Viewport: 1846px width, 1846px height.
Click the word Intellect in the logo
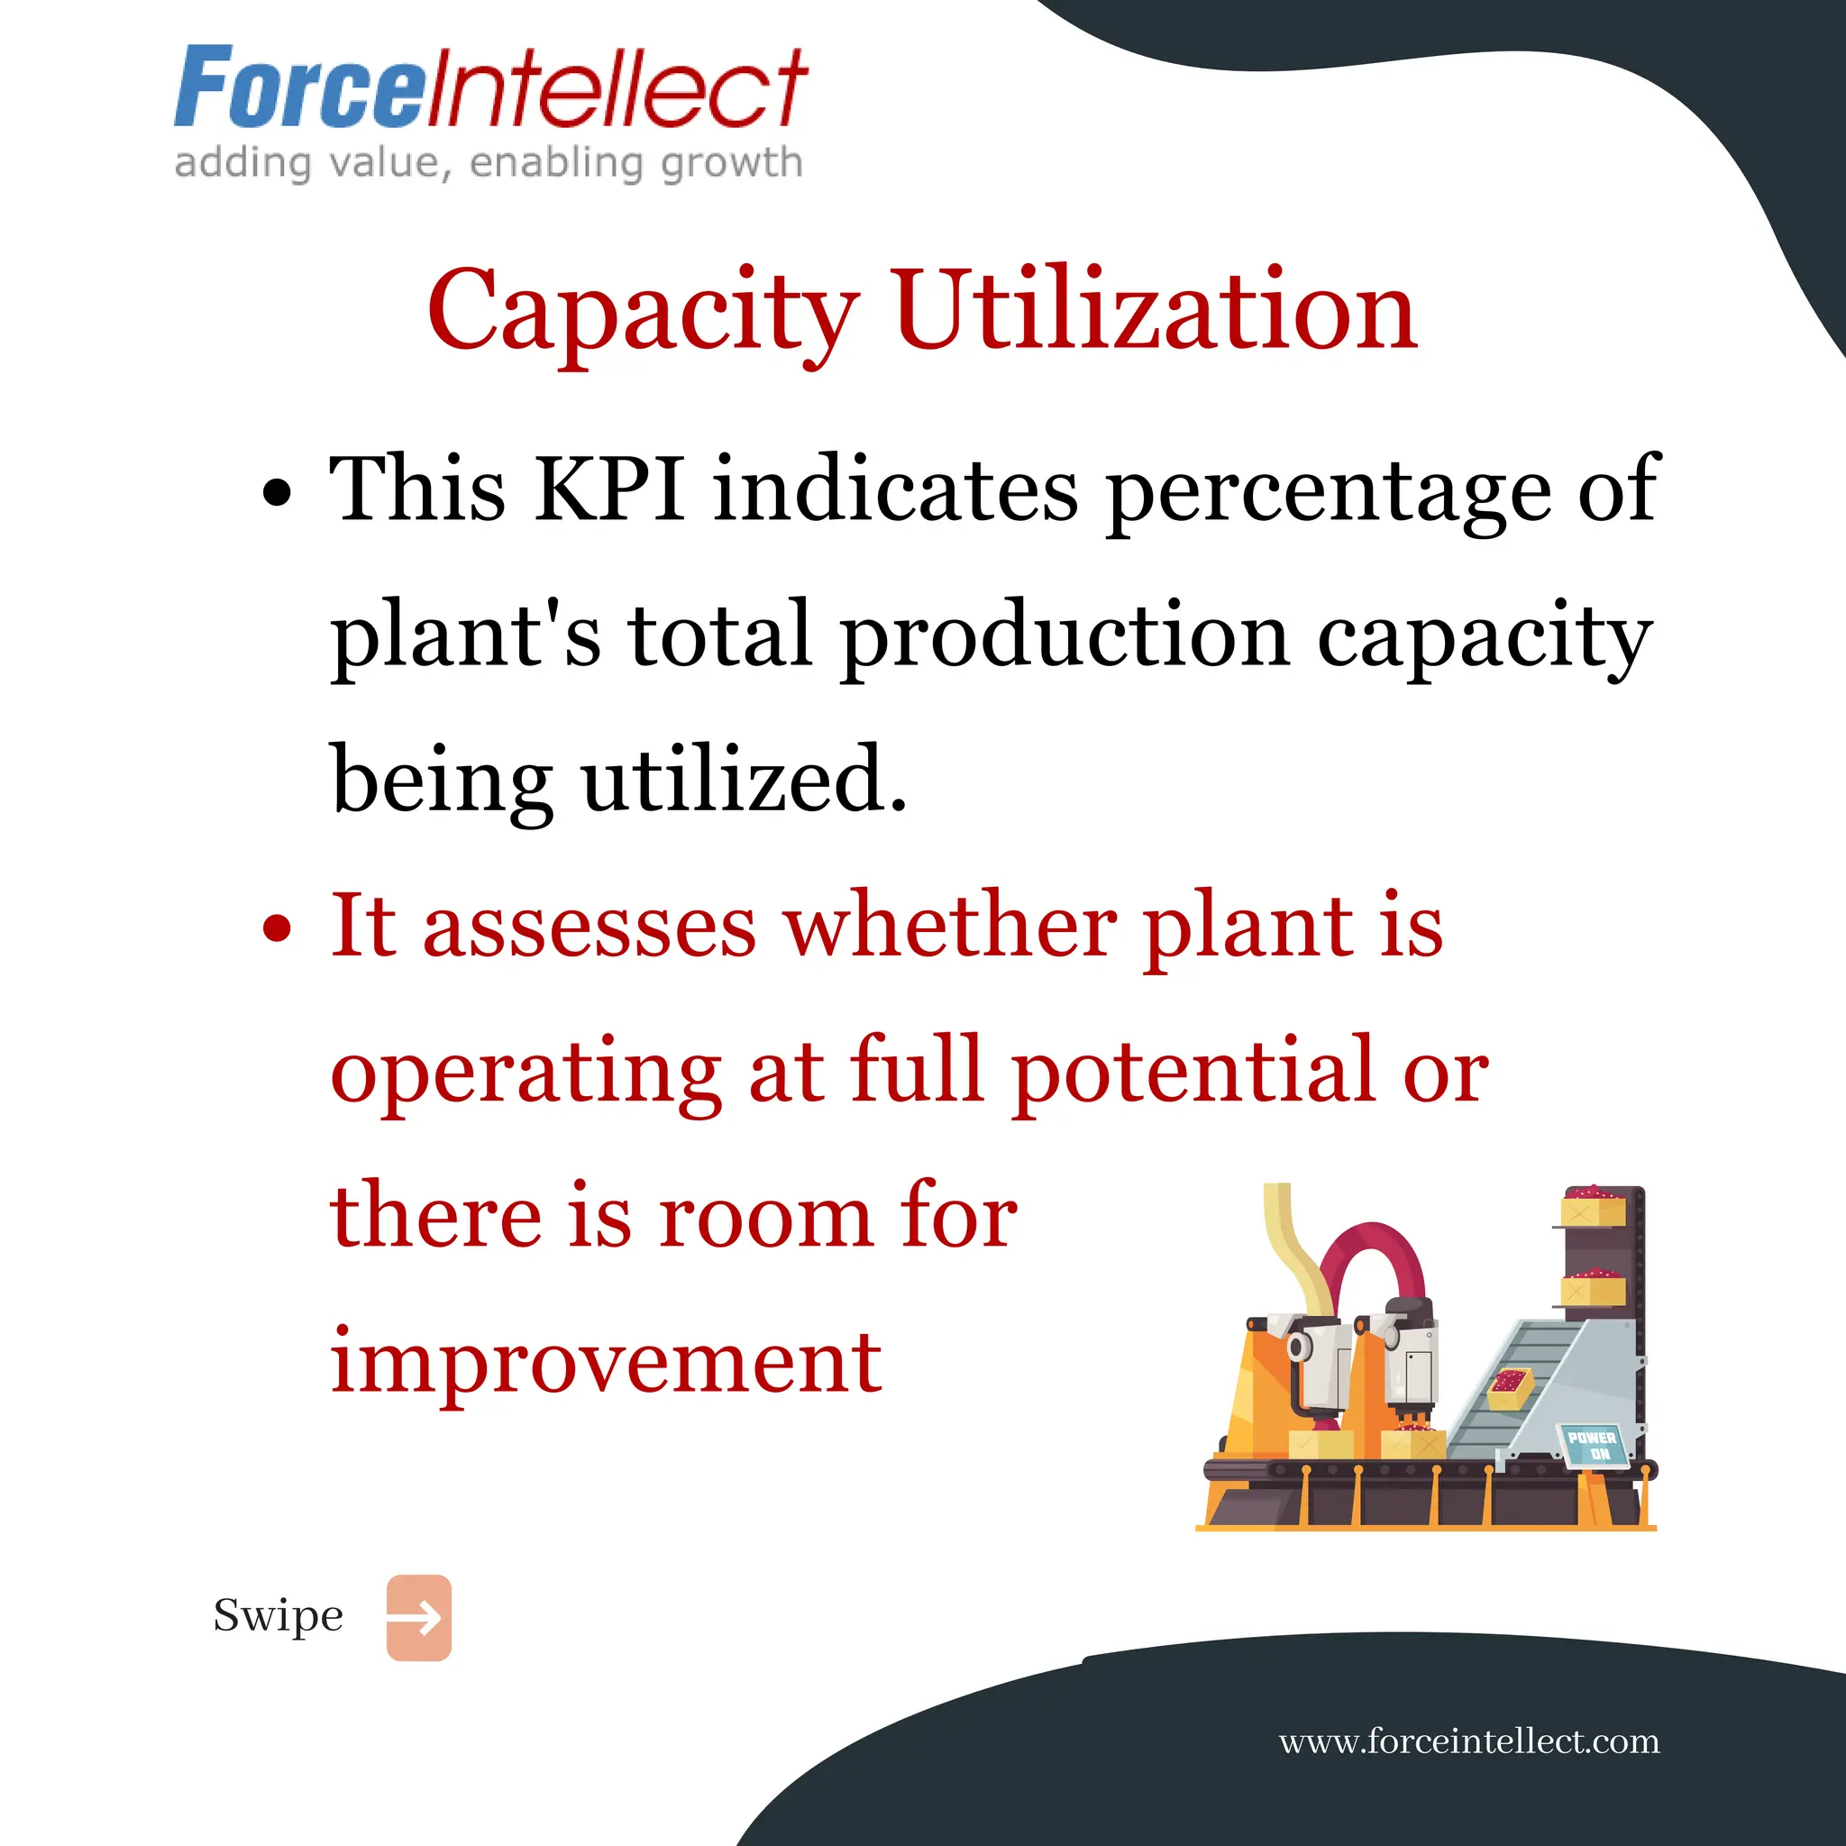click(x=616, y=88)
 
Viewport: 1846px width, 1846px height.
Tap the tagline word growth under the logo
click(x=731, y=162)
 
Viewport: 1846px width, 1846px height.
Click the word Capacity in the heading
click(x=642, y=311)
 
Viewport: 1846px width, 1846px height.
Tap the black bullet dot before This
click(x=276, y=493)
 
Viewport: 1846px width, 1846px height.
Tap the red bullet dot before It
click(x=276, y=928)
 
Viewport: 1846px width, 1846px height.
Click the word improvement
click(x=606, y=1362)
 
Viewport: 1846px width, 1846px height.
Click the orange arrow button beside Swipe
click(x=418, y=1618)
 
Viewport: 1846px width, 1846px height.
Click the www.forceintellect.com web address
click(x=1468, y=1741)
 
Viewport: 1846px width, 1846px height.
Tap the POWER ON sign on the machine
click(x=1592, y=1446)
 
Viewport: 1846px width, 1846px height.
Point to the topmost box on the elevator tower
click(x=1592, y=1207)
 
